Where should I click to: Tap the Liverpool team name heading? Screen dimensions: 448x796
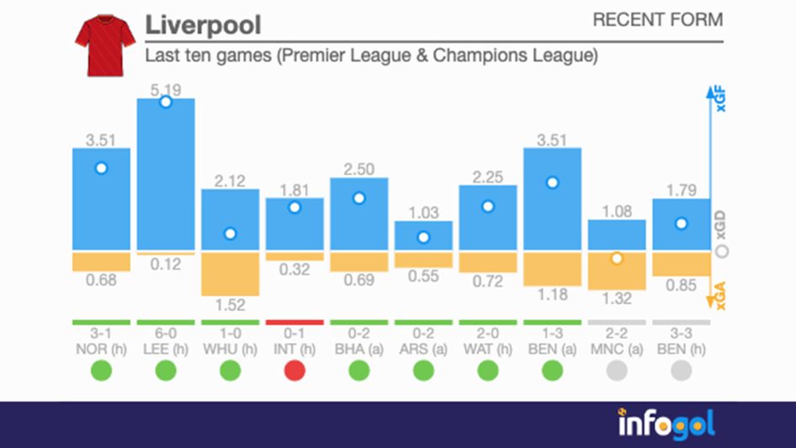point(203,25)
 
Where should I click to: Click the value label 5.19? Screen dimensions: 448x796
point(166,88)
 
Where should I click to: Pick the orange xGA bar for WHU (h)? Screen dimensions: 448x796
point(230,274)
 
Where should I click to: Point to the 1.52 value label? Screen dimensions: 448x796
point(230,305)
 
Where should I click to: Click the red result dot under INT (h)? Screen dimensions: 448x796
point(295,370)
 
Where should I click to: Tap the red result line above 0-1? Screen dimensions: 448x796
point(295,322)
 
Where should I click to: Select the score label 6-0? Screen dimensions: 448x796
point(166,334)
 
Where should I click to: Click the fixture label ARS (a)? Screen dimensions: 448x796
point(424,348)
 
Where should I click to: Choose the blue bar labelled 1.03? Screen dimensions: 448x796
point(424,236)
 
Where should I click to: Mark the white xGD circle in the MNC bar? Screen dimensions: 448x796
point(617,258)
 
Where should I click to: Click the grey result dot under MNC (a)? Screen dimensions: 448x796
point(617,370)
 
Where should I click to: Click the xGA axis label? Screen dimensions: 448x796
point(719,296)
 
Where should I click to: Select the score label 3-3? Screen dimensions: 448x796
point(681,334)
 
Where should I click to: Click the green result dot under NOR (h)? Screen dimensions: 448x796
point(101,370)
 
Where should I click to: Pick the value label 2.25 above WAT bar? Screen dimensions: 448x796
point(488,175)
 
